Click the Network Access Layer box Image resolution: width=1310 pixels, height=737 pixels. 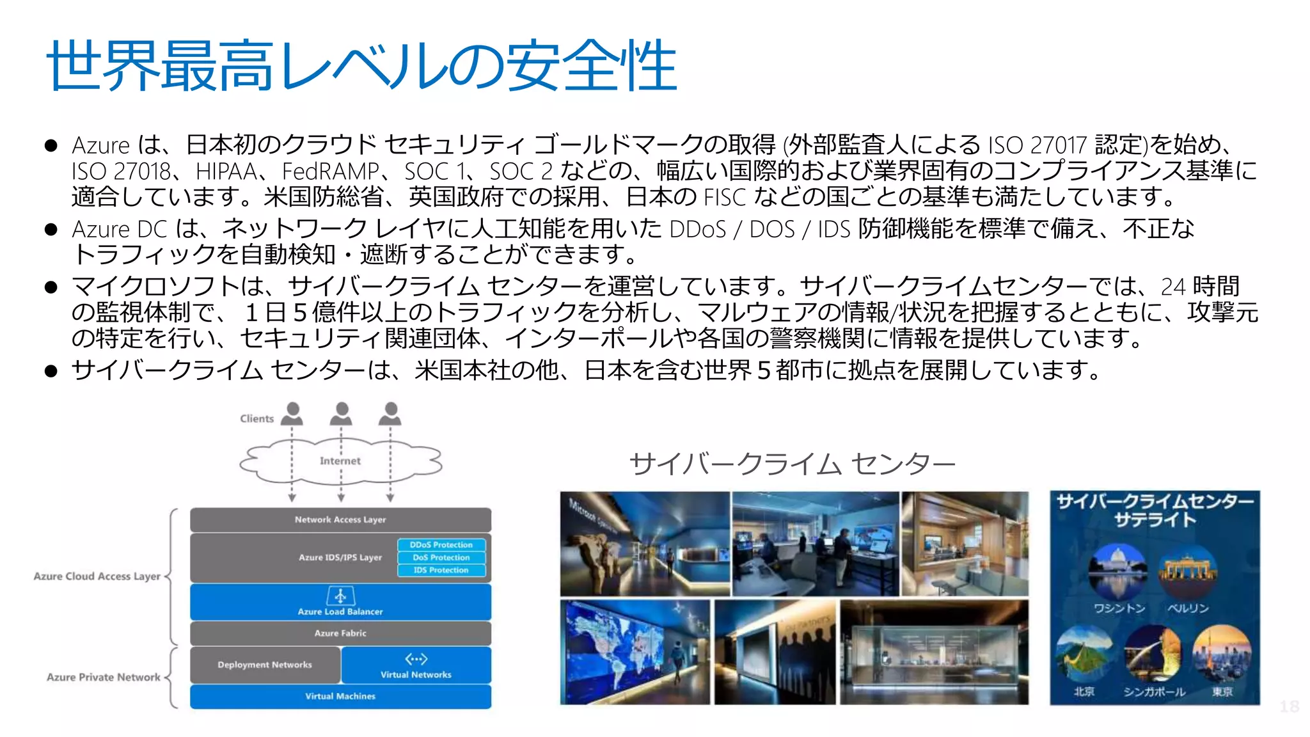point(340,520)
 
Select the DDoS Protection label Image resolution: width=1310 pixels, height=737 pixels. point(441,545)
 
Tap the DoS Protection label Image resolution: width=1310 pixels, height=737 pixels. point(441,558)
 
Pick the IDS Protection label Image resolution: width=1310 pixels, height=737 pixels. point(441,570)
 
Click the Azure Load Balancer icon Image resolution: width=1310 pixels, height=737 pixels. point(340,596)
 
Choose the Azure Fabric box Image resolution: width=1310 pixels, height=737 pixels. point(340,633)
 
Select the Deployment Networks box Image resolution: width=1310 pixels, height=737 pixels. point(265,665)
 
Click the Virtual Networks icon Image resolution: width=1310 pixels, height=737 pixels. point(416,659)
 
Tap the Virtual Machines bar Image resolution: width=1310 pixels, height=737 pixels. point(340,697)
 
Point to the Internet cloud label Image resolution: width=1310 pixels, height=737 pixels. point(340,461)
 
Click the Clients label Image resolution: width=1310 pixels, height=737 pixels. point(256,419)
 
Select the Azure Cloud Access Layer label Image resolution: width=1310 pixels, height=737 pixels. point(97,576)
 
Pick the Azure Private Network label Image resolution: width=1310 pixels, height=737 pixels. point(104,678)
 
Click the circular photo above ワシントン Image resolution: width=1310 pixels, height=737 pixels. point(1117,571)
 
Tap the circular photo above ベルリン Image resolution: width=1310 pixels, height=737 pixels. point(1188,571)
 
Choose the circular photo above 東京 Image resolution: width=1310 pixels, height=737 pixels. point(1222,653)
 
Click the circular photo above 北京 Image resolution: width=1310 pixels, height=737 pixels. point(1084,653)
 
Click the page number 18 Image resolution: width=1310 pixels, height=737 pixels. point(1289,706)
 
